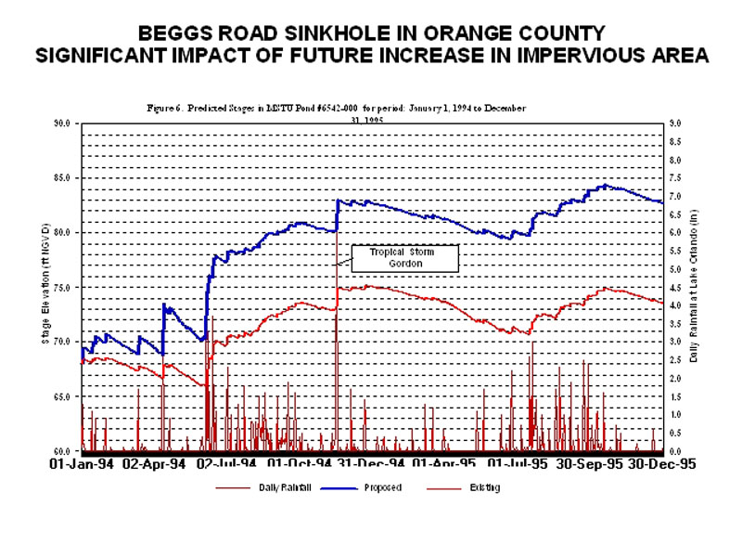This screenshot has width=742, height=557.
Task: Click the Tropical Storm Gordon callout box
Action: [x=403, y=258]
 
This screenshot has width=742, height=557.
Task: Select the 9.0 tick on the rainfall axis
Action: [x=675, y=123]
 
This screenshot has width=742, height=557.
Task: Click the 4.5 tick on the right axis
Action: [x=675, y=287]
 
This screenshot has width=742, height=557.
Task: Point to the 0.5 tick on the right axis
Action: [x=675, y=433]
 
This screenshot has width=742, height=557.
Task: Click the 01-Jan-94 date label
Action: [x=82, y=462]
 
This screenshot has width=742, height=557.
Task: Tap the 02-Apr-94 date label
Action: [x=156, y=462]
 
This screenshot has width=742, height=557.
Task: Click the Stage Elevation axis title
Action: [x=45, y=288]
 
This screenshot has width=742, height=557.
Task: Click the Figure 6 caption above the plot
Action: [x=337, y=109]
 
